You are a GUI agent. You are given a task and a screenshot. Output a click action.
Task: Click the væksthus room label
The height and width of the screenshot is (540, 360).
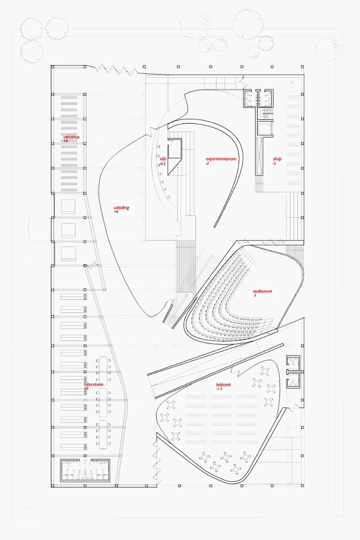click(x=71, y=137)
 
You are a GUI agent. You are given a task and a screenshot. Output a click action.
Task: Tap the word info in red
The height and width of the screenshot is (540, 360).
click(x=163, y=159)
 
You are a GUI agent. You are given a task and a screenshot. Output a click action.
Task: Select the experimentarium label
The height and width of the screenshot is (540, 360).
click(x=221, y=159)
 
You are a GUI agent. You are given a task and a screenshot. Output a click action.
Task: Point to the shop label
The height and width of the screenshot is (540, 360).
click(x=277, y=159)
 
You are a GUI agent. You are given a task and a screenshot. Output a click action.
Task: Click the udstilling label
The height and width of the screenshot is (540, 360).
click(x=121, y=207)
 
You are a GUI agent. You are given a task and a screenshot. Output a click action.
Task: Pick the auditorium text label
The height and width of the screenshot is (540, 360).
click(x=262, y=291)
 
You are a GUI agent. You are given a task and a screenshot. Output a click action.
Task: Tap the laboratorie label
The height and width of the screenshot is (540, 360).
click(x=94, y=384)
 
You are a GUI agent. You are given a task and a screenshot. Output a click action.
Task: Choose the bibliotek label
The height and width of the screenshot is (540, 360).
click(x=223, y=384)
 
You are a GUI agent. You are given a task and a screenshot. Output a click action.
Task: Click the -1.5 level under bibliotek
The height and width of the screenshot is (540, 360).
click(x=219, y=389)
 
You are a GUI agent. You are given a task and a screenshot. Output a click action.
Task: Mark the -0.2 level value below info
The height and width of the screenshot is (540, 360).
click(x=162, y=164)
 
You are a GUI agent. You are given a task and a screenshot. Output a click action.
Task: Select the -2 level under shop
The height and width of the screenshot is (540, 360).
click(x=274, y=163)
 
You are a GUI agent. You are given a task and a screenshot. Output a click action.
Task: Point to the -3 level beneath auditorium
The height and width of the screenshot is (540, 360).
click(x=254, y=295)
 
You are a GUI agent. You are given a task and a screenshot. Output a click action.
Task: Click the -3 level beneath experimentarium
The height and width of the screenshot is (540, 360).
click(x=207, y=163)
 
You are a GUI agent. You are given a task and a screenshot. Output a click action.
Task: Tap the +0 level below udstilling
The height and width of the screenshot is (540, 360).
click(x=116, y=211)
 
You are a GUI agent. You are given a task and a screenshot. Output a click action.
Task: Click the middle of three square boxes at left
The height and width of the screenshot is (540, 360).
click(x=68, y=230)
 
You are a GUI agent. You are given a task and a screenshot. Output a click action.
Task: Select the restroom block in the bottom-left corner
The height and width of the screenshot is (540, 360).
click(x=85, y=470)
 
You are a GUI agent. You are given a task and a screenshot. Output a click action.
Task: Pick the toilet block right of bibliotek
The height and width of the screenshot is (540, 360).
click(x=293, y=372)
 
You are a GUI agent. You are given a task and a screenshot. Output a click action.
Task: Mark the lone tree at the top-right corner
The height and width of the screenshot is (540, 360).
click(x=328, y=49)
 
